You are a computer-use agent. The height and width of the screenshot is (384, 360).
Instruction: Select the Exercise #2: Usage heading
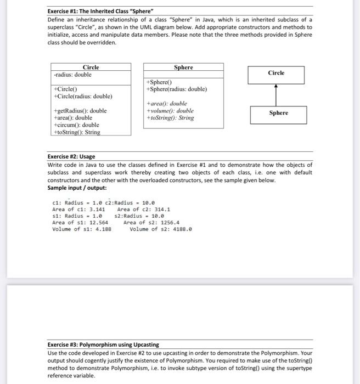point(71,156)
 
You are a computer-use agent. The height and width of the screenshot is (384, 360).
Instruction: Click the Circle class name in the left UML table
point(91,67)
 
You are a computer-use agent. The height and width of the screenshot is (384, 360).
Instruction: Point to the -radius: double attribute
point(73,75)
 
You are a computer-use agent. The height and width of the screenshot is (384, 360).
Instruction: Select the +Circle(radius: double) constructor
point(83,96)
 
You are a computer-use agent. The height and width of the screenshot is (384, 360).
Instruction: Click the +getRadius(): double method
point(80,111)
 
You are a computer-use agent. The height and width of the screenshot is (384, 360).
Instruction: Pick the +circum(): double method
point(76,125)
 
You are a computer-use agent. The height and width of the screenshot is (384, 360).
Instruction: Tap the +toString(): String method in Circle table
point(77,132)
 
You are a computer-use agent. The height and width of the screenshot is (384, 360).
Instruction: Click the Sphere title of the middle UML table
point(183,67)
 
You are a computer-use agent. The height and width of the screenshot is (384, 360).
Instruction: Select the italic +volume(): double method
point(170,111)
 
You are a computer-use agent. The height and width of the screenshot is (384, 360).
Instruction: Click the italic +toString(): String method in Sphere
point(170,118)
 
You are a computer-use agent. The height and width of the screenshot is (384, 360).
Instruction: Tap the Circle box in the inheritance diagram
point(276,74)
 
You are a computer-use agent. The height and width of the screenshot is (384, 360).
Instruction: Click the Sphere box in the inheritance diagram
point(278,113)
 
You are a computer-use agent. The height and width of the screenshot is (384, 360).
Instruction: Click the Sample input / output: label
point(77,188)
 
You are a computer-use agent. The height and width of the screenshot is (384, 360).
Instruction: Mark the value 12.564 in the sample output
point(95,223)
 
